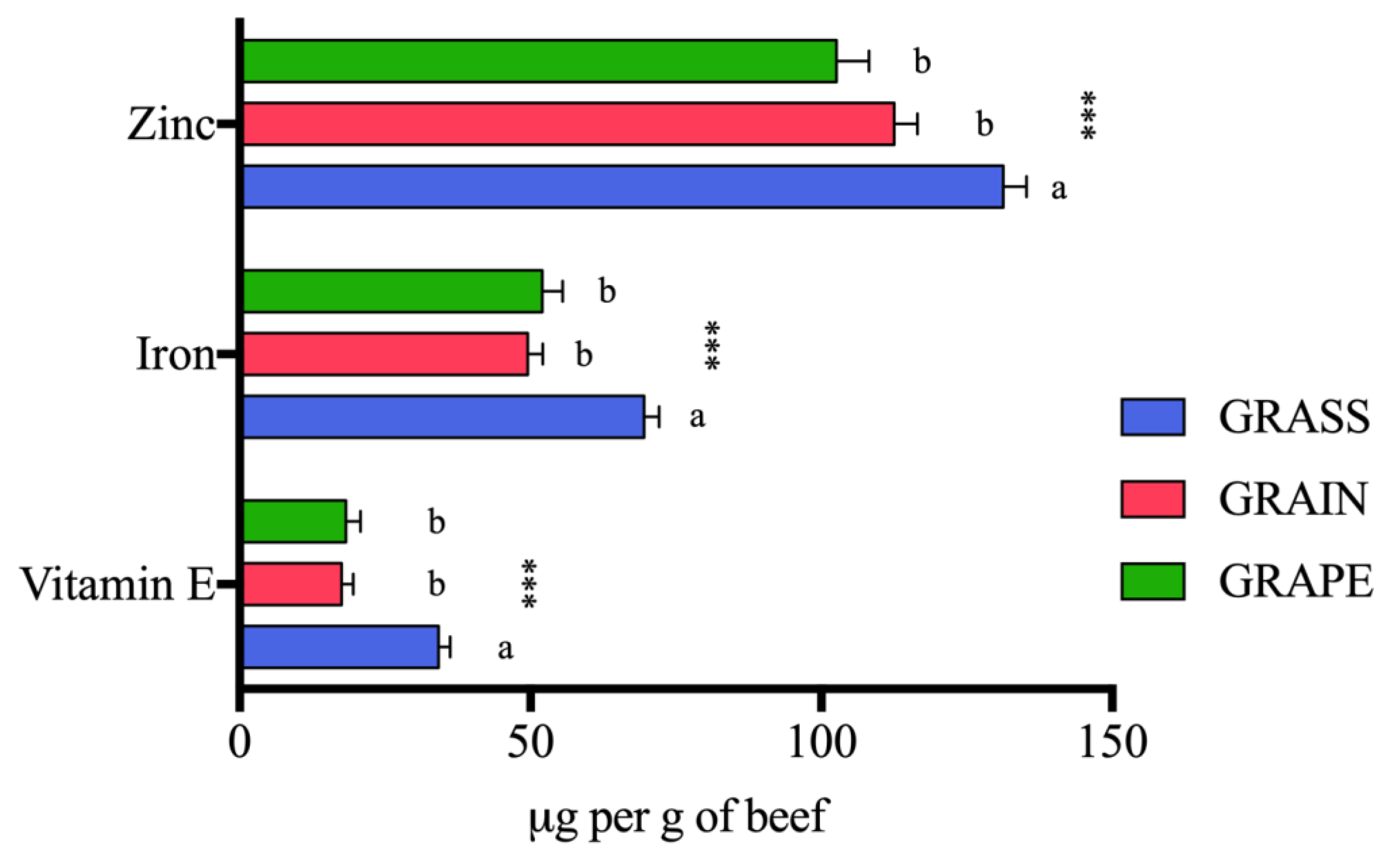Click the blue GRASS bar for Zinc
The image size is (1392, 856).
coord(622,187)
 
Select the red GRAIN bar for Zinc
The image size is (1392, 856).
coord(569,124)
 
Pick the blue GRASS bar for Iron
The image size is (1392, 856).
coord(444,417)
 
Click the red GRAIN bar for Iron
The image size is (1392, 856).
coord(385,354)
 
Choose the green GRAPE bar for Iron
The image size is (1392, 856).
coord(393,291)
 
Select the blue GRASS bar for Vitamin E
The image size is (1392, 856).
coord(341,647)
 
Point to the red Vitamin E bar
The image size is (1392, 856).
coord(293,584)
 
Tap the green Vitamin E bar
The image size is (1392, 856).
coord(295,521)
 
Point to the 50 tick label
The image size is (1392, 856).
coord(530,743)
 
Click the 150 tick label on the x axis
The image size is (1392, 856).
coord(1113,743)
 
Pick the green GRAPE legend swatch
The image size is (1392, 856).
coord(1153,581)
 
